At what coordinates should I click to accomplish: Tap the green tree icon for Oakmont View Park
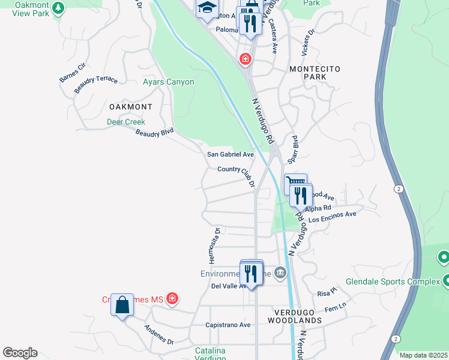pos(58,8)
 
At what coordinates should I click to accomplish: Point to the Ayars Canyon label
pos(168,82)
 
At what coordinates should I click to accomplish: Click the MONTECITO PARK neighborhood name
pos(315,73)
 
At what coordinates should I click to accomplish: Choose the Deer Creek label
pos(126,122)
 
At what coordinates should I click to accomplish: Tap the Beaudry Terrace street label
pos(96,84)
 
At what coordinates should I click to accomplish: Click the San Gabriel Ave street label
pos(231,154)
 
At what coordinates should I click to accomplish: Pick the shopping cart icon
pos(295,182)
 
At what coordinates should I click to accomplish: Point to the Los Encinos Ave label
pos(333,217)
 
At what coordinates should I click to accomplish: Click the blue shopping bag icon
pos(122,305)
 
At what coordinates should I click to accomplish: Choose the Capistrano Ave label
pos(228,325)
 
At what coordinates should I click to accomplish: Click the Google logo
pos(20,353)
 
